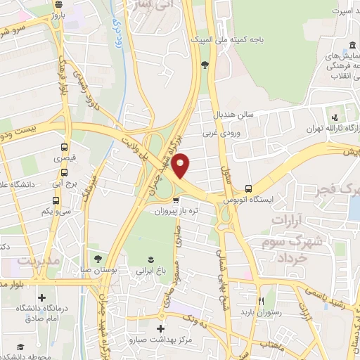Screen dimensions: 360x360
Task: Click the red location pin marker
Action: (x=181, y=165)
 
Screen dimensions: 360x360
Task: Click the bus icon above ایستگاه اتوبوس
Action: (x=248, y=188)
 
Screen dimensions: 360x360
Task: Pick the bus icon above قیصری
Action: (x=64, y=148)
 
